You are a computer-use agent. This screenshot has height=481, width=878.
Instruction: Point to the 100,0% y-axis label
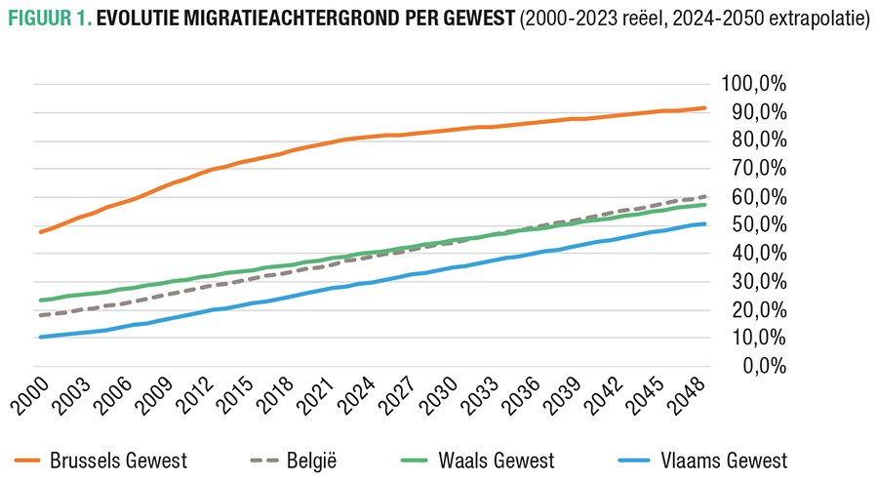pos(754,85)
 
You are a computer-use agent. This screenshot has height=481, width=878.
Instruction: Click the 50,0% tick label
pos(758,225)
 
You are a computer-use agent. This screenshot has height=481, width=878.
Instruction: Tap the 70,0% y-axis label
pos(758,169)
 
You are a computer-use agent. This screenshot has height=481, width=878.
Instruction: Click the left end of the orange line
pos(40,231)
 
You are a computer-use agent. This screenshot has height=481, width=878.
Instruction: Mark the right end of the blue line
pos(705,224)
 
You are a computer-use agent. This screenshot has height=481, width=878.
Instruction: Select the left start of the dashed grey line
pos(40,315)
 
